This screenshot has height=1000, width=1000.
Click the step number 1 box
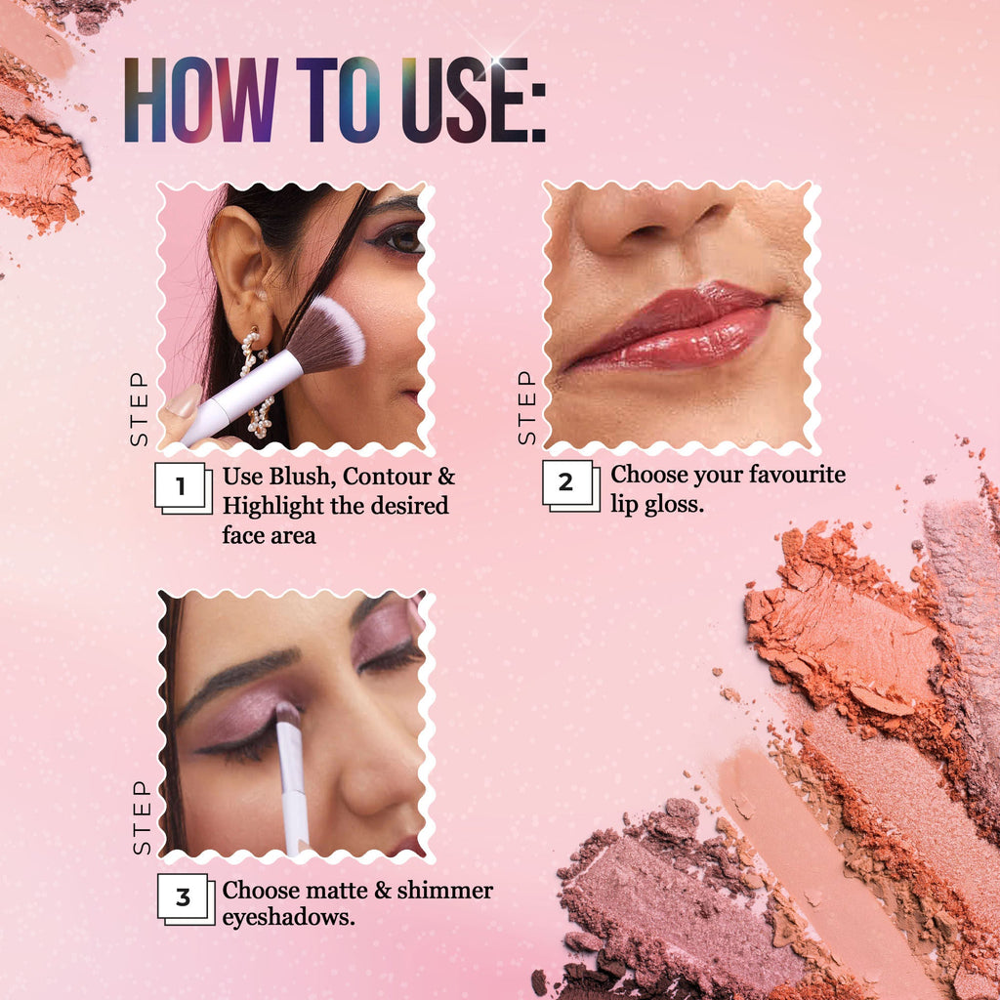pos(183,488)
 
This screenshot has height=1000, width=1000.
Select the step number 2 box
pos(570,485)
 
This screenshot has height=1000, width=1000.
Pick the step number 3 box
pos(186,898)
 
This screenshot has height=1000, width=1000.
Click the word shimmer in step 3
pos(445,890)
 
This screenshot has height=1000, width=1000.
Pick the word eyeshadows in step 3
pos(288,918)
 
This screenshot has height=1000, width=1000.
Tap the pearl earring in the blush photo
pos(257,383)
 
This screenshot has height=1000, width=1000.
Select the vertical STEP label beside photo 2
pos(526,407)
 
